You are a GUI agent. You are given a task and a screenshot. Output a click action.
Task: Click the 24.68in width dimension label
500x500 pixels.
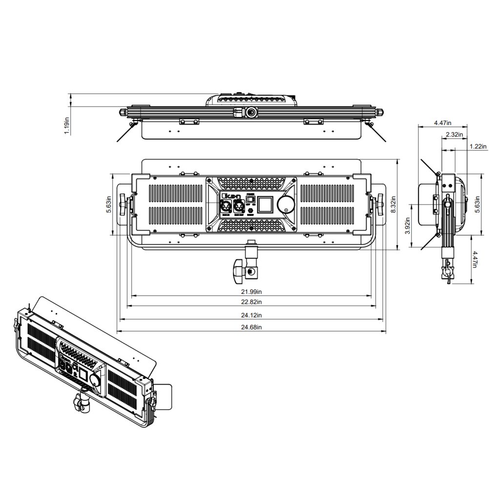[x=251, y=327]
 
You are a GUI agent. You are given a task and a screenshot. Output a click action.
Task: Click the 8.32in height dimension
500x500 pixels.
[x=394, y=204]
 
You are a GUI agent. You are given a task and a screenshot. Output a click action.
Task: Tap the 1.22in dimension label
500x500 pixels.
[x=478, y=146]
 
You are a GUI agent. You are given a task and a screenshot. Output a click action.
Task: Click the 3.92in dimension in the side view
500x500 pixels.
[x=408, y=226]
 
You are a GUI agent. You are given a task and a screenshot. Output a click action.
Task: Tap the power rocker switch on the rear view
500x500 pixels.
[x=250, y=199]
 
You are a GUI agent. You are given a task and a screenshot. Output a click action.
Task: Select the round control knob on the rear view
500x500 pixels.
[x=287, y=205]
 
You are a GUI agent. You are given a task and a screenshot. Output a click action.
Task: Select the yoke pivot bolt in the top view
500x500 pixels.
[x=251, y=112]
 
